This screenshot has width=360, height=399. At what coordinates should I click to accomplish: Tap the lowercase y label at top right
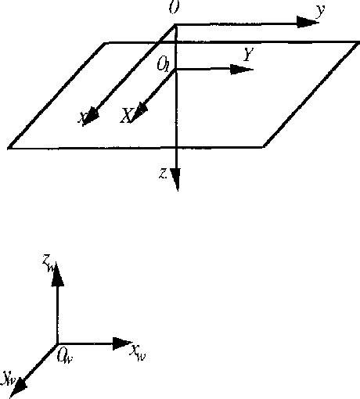click(321, 11)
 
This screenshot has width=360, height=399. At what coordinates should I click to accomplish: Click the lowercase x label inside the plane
click(81, 117)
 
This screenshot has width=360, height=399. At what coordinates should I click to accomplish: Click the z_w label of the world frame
click(49, 266)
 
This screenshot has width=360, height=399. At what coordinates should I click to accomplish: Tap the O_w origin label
click(66, 357)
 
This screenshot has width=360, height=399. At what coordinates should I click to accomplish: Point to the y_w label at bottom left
click(9, 379)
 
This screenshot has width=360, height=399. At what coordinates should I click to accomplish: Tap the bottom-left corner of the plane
click(9, 147)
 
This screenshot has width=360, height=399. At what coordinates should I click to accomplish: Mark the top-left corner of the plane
click(106, 42)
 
